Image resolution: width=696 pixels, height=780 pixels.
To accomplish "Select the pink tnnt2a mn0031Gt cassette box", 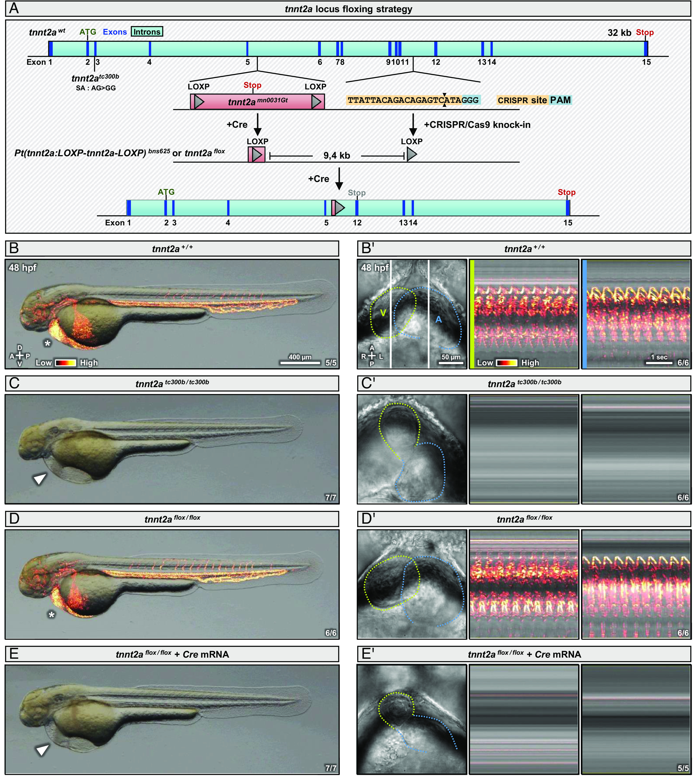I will coord(257,102).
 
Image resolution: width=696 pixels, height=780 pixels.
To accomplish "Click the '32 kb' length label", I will coord(619,33).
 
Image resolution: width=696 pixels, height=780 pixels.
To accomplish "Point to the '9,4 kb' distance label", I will coord(337,156).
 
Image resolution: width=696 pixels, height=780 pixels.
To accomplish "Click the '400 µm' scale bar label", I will coord(300,357).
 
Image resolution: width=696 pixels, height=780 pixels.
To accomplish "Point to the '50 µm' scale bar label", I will coord(451,357).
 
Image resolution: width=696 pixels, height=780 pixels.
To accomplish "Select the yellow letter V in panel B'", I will coord(383,313).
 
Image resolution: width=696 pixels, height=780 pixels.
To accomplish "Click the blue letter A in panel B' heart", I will coord(439,319).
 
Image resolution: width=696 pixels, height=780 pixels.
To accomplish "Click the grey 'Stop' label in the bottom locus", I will coord(356,193).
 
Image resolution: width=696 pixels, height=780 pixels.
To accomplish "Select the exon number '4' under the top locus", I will coord(150,62).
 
